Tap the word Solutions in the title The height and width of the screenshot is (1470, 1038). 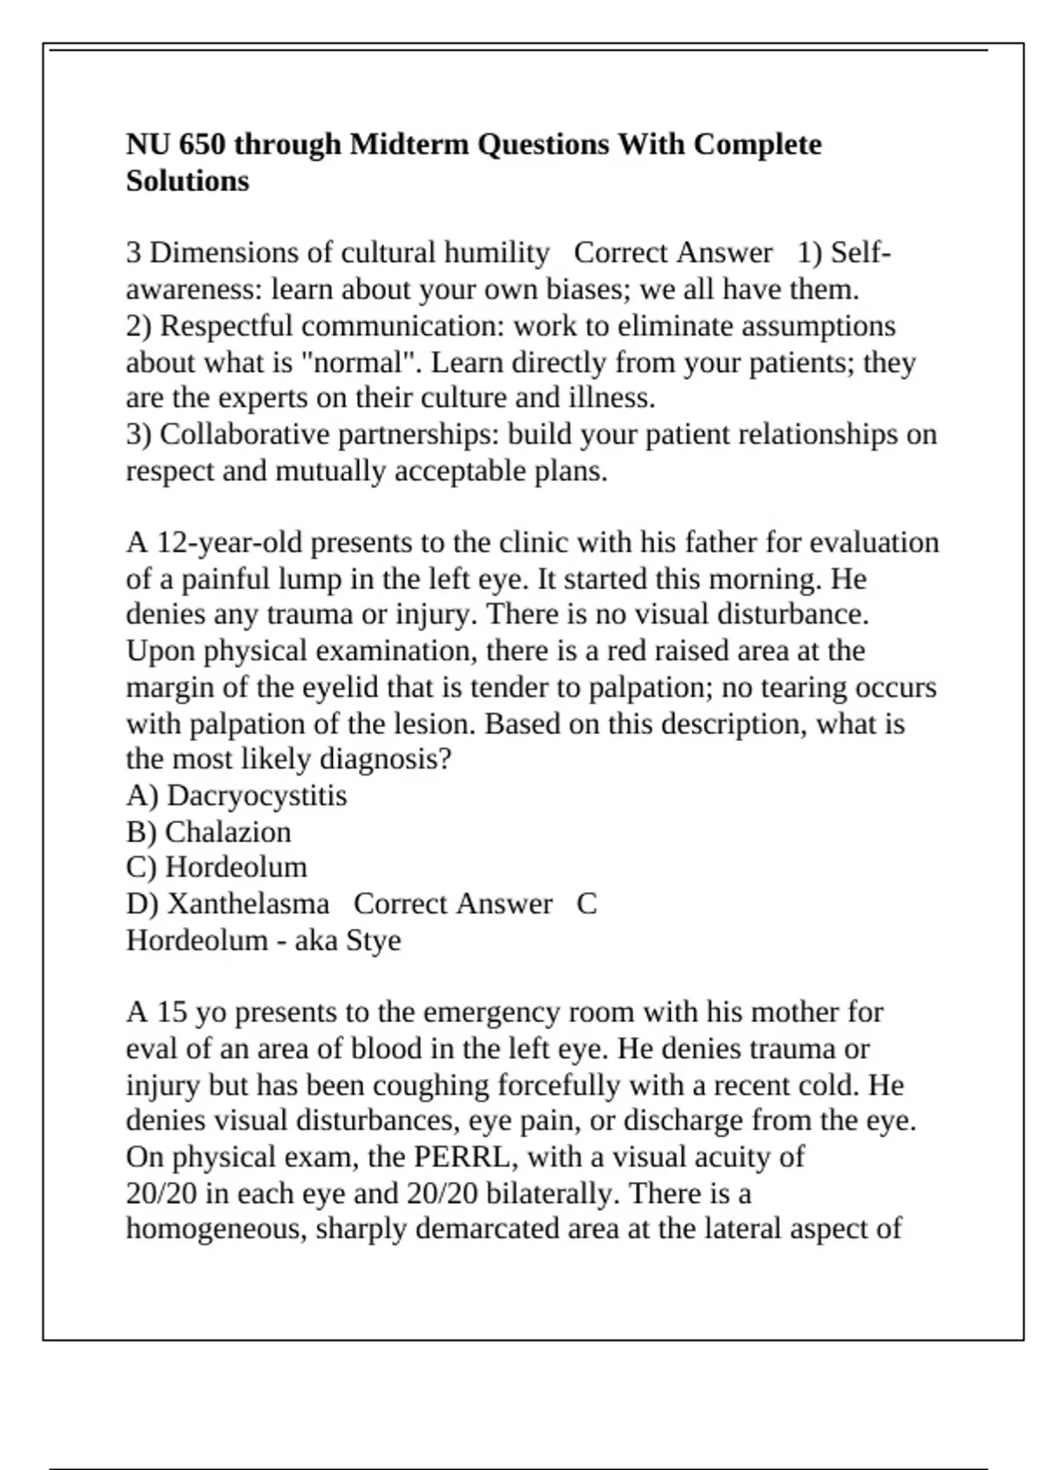pos(188,182)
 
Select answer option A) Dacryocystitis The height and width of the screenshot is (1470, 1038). pos(236,796)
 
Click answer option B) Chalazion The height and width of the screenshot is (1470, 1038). pos(208,832)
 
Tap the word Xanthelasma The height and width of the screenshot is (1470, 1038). pos(247,904)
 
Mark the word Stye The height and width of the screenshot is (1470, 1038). pos(373,940)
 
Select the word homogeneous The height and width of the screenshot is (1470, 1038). pos(215,1229)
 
